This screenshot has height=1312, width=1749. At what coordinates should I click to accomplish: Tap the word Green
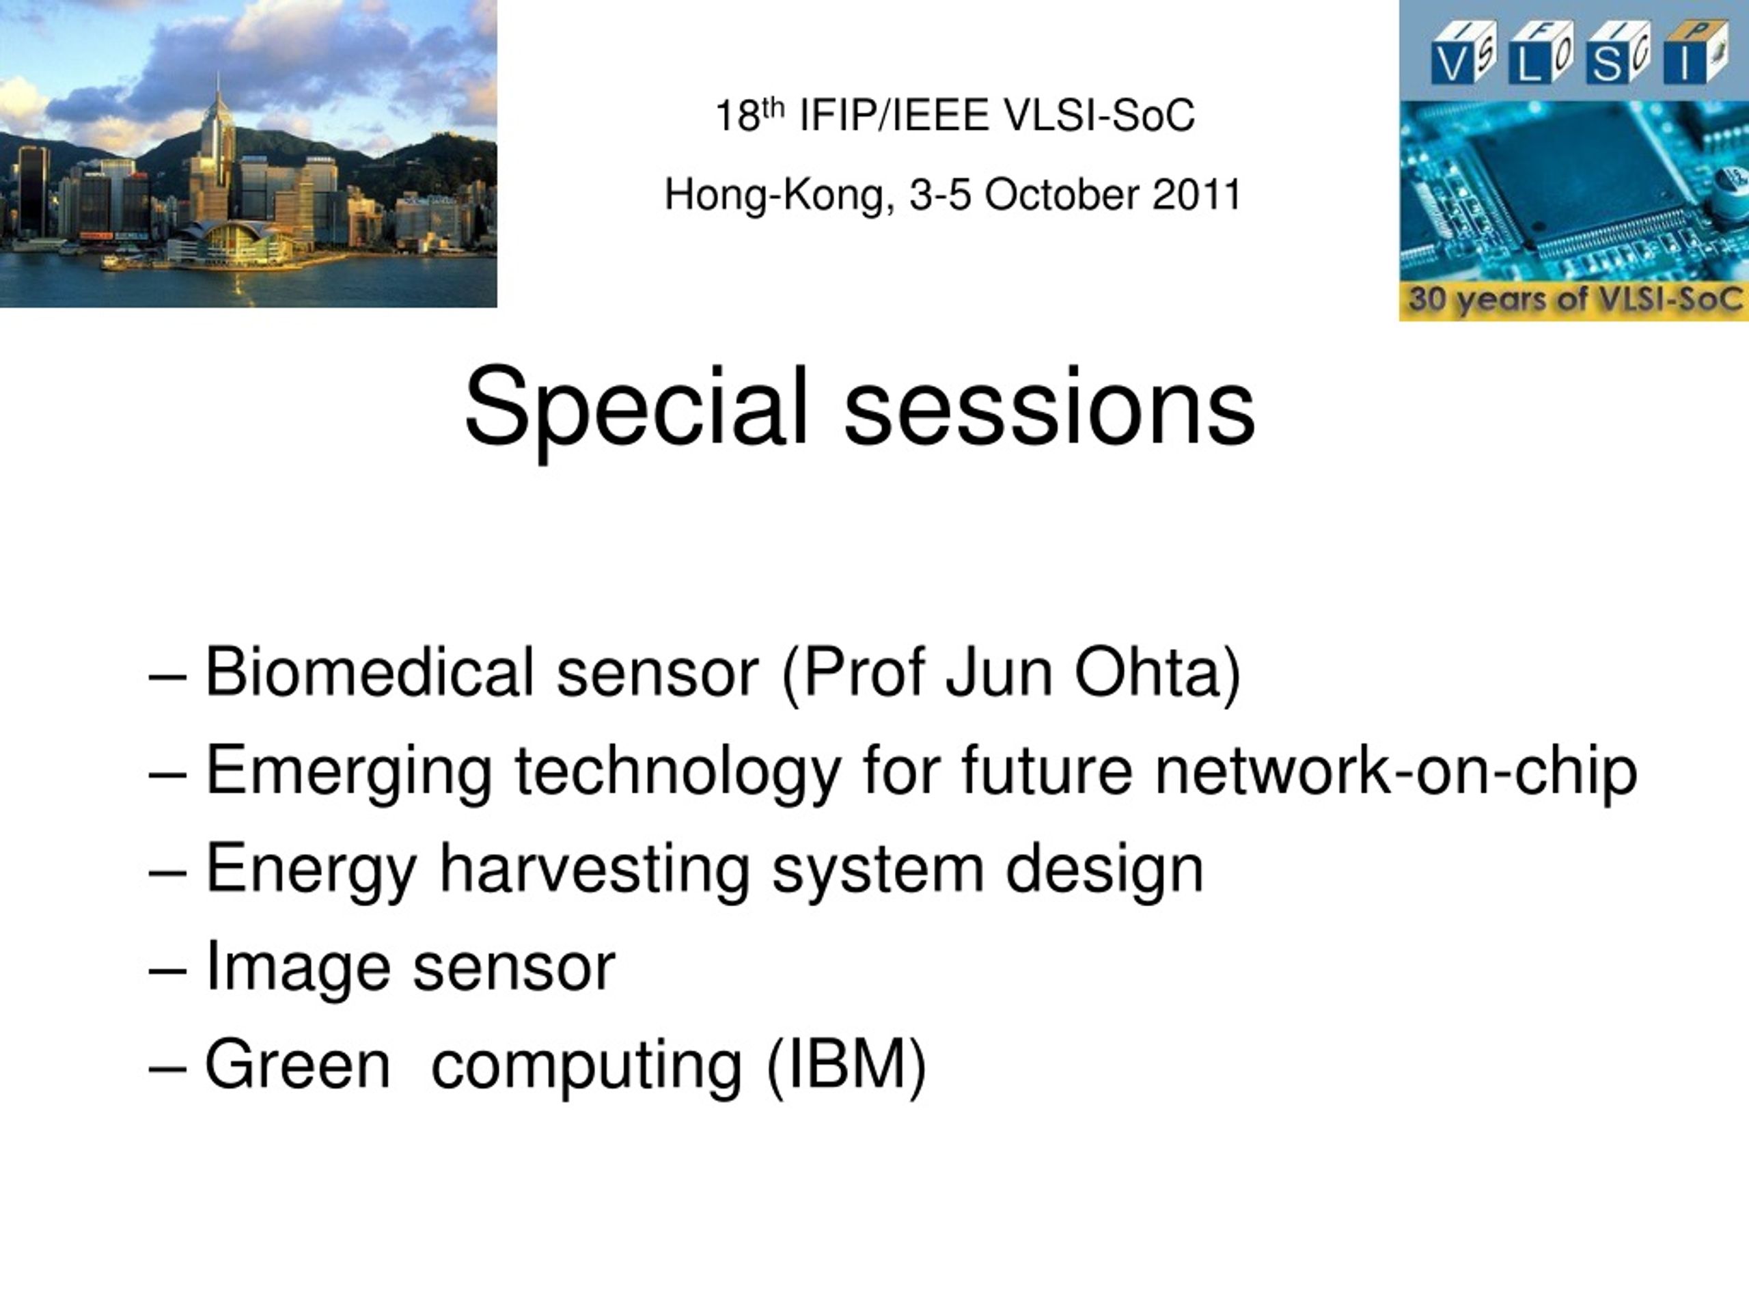[298, 1064]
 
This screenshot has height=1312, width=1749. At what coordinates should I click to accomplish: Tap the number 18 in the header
[737, 117]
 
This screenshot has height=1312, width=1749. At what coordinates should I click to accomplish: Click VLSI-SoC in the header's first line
[1100, 115]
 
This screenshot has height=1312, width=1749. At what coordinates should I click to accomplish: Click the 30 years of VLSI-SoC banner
[1574, 299]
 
